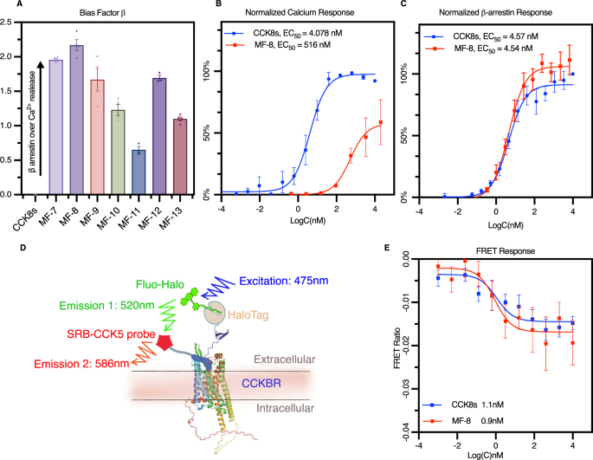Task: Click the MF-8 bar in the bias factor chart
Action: pos(77,121)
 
